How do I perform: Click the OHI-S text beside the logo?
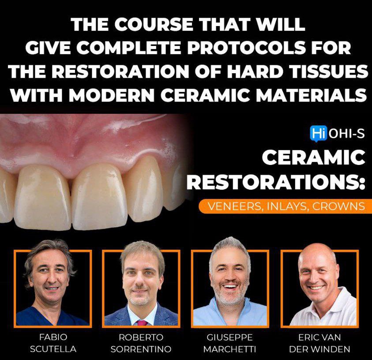point(347,133)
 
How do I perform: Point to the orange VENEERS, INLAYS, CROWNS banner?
point(282,206)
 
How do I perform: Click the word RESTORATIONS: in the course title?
point(276,181)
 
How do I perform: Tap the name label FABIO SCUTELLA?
point(53,343)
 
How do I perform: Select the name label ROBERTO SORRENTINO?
point(141,343)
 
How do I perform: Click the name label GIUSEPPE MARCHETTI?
point(230,343)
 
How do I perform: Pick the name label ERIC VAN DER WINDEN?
point(319,343)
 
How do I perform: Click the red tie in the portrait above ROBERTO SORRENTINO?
point(142,322)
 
